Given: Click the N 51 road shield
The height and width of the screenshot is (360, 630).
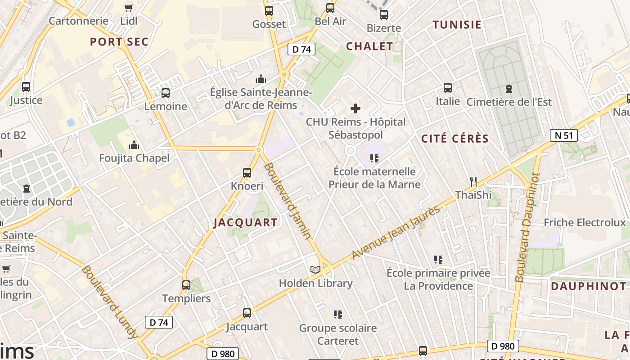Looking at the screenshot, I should click(x=563, y=135).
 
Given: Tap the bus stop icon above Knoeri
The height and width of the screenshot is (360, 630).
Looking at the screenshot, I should click(x=247, y=172).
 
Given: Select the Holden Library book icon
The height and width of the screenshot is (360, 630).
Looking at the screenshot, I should click(x=315, y=270).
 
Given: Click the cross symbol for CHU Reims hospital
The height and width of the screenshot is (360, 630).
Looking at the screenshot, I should click(x=355, y=108).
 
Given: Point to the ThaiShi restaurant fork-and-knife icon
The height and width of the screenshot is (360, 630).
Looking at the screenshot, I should click(x=472, y=181).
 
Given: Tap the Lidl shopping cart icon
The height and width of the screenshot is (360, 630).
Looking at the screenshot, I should click(x=129, y=8).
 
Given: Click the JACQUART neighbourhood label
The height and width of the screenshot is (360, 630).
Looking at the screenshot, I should click(x=245, y=222).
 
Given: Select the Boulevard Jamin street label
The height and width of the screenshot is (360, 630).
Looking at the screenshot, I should click(x=288, y=201).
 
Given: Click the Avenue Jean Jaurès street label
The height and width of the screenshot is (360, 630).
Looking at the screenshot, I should click(x=396, y=232).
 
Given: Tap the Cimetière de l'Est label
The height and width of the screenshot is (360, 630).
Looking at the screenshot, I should click(x=509, y=102).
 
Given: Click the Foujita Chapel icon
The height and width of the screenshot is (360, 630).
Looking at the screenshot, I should click(x=134, y=145).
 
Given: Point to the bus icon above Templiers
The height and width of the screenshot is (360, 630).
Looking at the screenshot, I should click(x=186, y=285).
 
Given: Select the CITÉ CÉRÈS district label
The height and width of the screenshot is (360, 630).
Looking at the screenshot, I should click(x=455, y=139).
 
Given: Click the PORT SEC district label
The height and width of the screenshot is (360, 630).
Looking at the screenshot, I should click(x=119, y=42).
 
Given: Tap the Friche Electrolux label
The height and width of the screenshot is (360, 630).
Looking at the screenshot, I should click(x=585, y=222).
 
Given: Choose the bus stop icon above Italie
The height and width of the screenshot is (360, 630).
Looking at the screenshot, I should click(x=447, y=87).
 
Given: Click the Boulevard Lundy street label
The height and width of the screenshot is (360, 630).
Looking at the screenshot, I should click(x=109, y=302).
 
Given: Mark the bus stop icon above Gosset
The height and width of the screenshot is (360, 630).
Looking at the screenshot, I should click(x=269, y=11).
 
